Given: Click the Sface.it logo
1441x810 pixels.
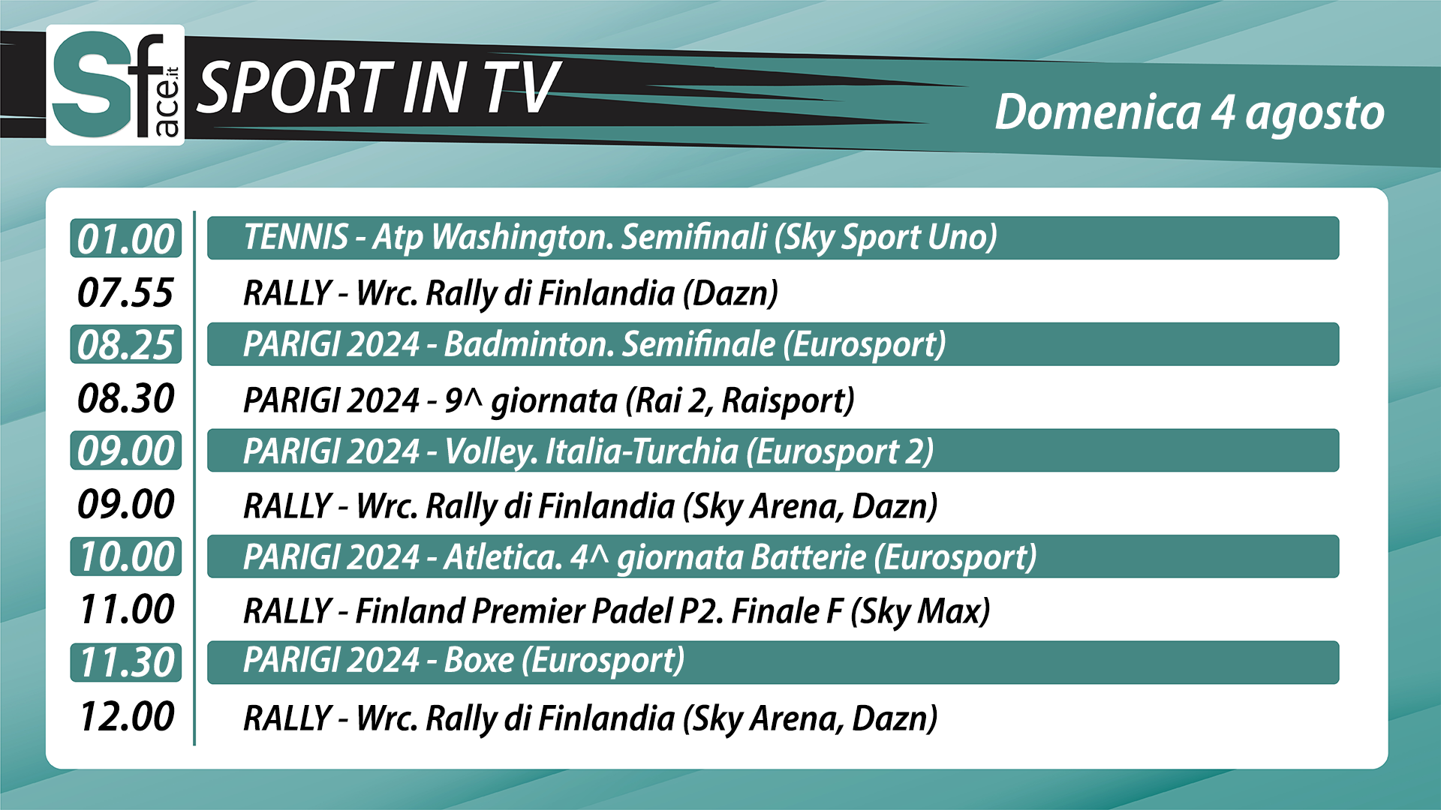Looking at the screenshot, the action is pos(115,85).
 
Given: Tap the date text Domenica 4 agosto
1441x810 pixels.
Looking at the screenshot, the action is pos(1190,112).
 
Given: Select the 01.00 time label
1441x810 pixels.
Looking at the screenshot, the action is pos(126,238).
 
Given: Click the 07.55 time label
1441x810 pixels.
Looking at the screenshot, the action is pos(126,292).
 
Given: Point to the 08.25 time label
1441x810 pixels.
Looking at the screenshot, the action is pos(126,344).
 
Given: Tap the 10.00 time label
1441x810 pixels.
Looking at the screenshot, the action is pos(126,556).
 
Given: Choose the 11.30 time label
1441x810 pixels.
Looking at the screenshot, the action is pos(126,662).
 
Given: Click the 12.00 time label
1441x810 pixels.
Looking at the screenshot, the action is pos(127,716).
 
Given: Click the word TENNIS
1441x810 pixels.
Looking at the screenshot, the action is pos(296,237).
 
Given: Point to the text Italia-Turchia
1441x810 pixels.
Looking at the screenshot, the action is pos(642,451).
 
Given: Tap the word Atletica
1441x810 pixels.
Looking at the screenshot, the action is pos(503,557).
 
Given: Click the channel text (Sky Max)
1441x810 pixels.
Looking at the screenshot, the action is pos(920,612).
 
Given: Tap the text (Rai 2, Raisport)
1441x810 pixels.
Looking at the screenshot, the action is pos(740,400).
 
